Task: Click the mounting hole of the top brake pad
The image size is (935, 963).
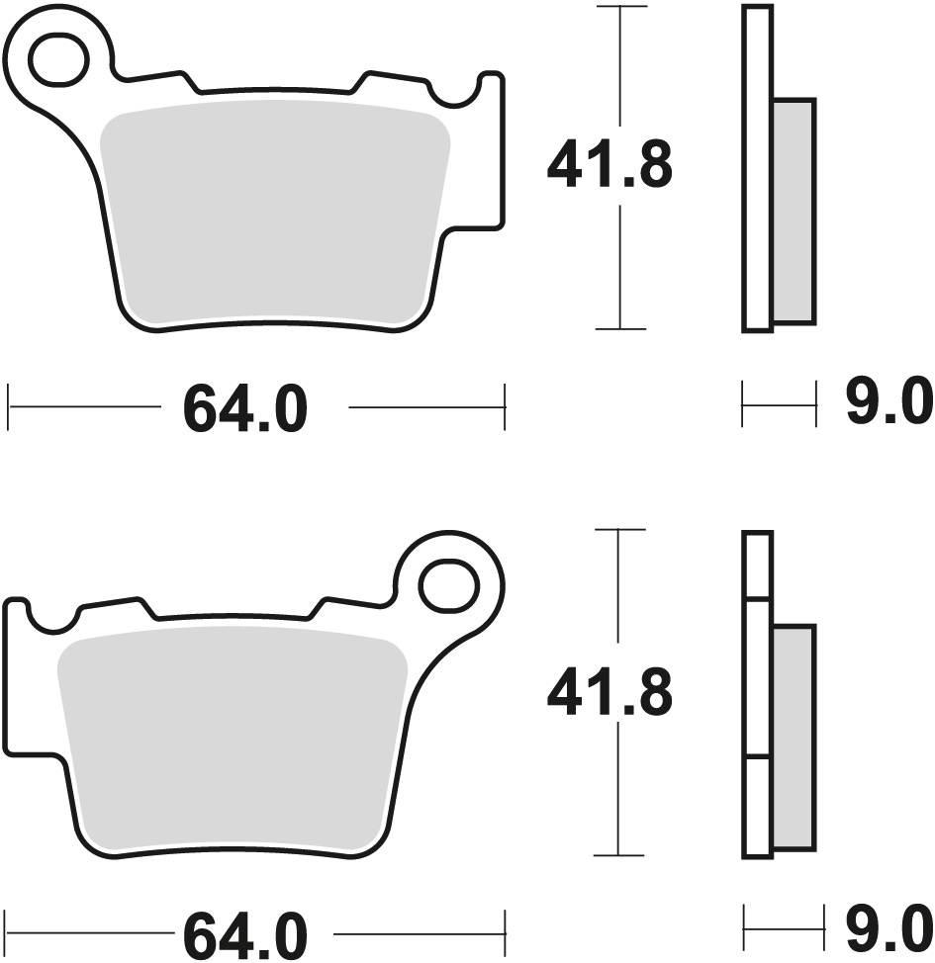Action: tap(59, 59)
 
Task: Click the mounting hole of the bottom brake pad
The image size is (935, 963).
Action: tap(450, 585)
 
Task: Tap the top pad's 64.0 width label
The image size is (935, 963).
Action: tap(244, 410)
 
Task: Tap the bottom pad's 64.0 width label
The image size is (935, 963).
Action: tap(244, 932)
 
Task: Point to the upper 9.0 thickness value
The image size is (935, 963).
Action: tap(888, 403)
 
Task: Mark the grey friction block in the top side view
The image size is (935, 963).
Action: tap(794, 211)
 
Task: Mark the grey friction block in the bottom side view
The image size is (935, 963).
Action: tap(794, 737)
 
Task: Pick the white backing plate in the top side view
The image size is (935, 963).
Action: tap(757, 168)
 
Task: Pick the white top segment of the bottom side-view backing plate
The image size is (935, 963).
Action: tap(757, 565)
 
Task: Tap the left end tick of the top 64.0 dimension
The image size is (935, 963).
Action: tap(9, 406)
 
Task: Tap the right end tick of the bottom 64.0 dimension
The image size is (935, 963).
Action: tap(506, 931)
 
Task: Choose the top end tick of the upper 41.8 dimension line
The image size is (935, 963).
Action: tap(619, 8)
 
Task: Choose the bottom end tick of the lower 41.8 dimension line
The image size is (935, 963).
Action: tap(618, 855)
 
